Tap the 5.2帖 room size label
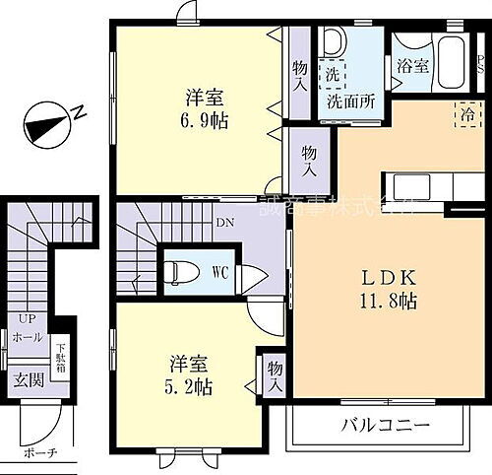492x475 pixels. tap(190, 385)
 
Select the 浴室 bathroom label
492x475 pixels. tap(413, 66)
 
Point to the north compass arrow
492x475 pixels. tap(47, 124)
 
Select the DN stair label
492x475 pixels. tap(223, 224)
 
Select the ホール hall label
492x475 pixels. tap(27, 337)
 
